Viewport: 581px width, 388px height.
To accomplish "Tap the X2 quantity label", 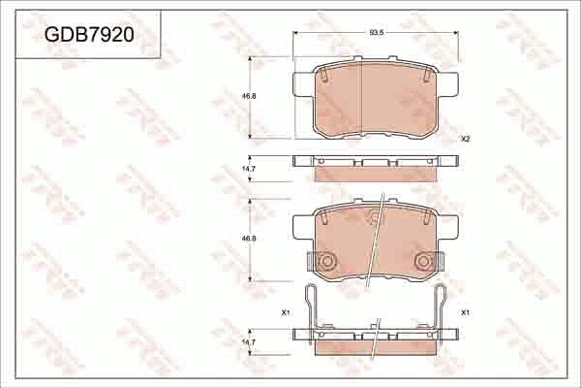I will pyautogui.click(x=465, y=139).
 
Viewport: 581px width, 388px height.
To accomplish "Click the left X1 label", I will pyautogui.click(x=286, y=312).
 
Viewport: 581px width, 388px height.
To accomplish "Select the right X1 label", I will pyautogui.click(x=465, y=312).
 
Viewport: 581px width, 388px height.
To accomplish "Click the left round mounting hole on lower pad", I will pyautogui.click(x=327, y=261).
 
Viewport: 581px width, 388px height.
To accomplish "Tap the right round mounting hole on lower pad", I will pyautogui.click(x=423, y=261).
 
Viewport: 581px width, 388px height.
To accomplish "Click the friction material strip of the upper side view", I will pyautogui.click(x=376, y=175).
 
